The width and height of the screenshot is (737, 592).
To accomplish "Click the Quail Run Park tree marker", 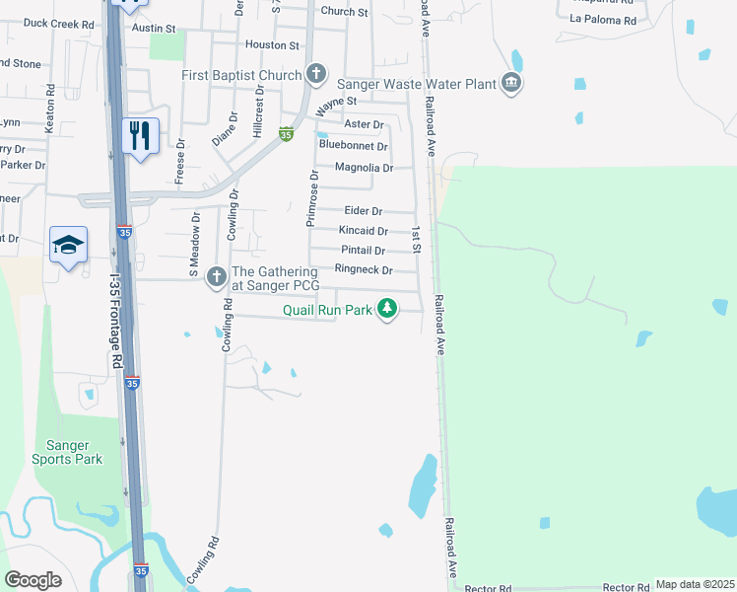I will click(x=388, y=310).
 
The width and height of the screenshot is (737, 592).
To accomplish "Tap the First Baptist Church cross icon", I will click(x=316, y=74).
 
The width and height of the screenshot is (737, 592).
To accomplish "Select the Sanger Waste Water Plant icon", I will click(x=510, y=84).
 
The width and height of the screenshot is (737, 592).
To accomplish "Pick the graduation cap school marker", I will click(x=68, y=245).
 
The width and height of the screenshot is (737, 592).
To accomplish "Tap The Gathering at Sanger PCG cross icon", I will click(x=217, y=279).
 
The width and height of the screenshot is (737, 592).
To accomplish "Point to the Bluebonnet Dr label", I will click(x=354, y=145).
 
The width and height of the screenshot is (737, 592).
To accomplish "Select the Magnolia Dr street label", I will click(x=364, y=168).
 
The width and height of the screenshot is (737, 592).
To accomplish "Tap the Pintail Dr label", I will click(x=363, y=251).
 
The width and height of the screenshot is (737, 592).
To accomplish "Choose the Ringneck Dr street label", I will click(x=364, y=270).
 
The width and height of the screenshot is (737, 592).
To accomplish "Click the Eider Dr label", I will click(x=364, y=211).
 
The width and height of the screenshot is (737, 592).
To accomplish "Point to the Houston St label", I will click(x=272, y=45).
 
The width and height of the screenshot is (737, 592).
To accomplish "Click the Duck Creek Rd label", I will click(x=58, y=23).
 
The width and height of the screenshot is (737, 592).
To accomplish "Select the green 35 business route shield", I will click(x=286, y=134).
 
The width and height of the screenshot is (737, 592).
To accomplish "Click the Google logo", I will click(x=33, y=580).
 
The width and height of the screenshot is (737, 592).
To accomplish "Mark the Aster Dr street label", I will click(x=364, y=124).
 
